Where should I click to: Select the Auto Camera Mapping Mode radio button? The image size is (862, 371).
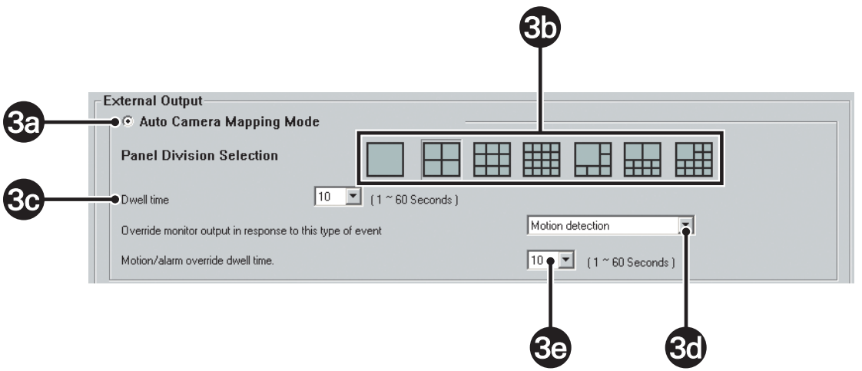pyautogui.click(x=128, y=121)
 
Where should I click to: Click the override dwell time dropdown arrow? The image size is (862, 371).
pyautogui.click(x=565, y=260)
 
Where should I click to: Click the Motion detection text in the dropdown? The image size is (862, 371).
pyautogui.click(x=571, y=226)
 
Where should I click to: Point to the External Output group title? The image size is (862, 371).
pyautogui.click(x=135, y=101)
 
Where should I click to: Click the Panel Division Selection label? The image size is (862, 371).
pyautogui.click(x=199, y=155)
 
